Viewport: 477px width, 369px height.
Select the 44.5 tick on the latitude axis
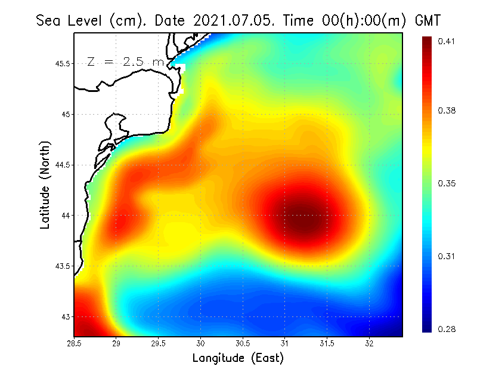click(61, 165)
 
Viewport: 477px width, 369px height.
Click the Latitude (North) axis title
click(45, 185)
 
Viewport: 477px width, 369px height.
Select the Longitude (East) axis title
click(238, 358)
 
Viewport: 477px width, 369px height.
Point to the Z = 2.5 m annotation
click(125, 61)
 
